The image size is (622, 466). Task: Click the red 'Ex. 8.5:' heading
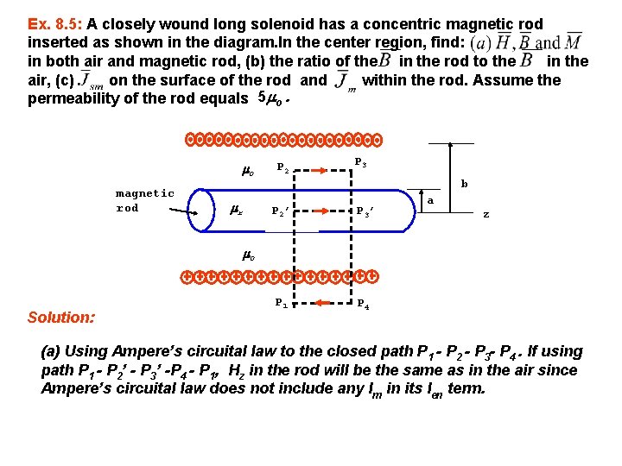tap(54, 24)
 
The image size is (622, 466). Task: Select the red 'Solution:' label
tap(60, 318)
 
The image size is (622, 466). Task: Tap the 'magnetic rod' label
tap(144, 200)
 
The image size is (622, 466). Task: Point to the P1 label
tap(282, 303)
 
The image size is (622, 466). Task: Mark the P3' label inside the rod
tap(364, 211)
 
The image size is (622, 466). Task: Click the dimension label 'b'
tap(463, 184)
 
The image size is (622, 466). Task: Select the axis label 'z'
tap(486, 214)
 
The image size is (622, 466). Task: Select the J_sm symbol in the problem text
tap(91, 83)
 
